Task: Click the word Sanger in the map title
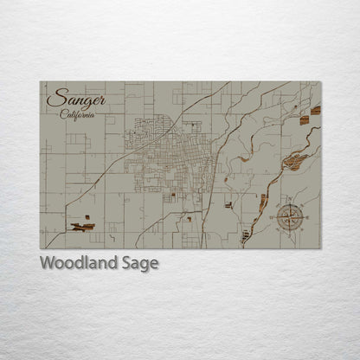(x=74, y=99)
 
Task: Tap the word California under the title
(x=78, y=115)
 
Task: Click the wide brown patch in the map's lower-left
(x=83, y=227)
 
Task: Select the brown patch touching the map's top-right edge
(x=316, y=110)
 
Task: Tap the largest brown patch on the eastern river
(x=294, y=161)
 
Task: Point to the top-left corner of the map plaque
(x=41, y=82)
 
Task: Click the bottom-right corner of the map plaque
(x=320, y=248)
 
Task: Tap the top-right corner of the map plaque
(x=320, y=82)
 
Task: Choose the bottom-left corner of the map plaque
(x=41, y=248)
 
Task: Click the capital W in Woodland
(x=48, y=263)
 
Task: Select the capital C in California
(x=63, y=114)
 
